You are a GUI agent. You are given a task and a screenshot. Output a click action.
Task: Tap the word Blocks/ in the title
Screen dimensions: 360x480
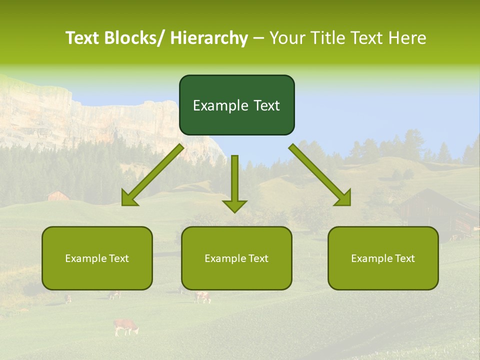pyautogui.click(x=138, y=38)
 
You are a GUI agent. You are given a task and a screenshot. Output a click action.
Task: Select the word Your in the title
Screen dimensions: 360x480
pyautogui.click(x=287, y=38)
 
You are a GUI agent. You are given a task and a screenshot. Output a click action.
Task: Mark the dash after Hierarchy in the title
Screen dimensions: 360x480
pyautogui.click(x=258, y=38)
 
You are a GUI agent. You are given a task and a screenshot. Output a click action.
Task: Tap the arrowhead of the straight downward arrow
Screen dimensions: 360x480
pyautogui.click(x=234, y=206)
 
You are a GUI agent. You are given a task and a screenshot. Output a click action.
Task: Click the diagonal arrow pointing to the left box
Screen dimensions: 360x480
pyautogui.click(x=152, y=175)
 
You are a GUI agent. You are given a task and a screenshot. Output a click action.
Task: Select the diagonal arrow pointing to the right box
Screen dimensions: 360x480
pyautogui.click(x=320, y=175)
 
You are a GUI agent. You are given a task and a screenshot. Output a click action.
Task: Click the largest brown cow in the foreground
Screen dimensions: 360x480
pyautogui.click(x=125, y=326)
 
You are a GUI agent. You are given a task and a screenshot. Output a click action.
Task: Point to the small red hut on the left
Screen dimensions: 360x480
pyautogui.click(x=58, y=195)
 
